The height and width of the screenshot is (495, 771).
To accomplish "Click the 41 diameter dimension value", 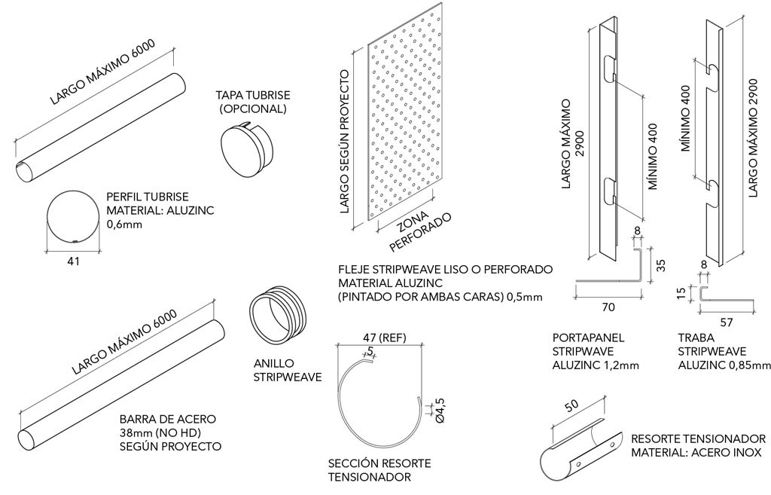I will coord(72,261).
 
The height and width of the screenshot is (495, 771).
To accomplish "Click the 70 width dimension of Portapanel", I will coord(608,307).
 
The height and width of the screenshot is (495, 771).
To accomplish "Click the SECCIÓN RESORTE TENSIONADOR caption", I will coord(369,470).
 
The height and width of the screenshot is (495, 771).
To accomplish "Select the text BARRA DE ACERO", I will coord(167,419).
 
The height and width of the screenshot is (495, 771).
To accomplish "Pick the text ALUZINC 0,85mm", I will coord(724,365).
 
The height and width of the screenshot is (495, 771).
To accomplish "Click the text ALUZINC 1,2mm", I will coord(596,365).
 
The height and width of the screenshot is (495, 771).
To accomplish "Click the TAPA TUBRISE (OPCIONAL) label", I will coord(253,102).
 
